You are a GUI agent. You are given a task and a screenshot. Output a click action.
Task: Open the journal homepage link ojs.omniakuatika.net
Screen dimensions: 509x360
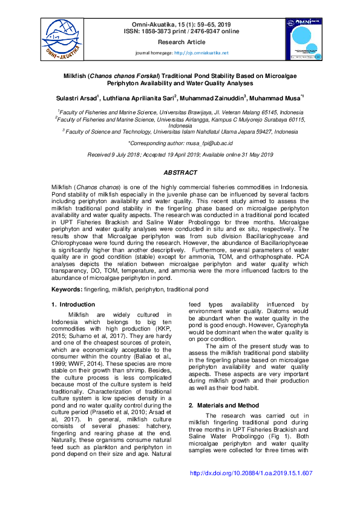201,53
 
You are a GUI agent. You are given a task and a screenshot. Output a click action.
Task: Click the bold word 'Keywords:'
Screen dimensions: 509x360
66,290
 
